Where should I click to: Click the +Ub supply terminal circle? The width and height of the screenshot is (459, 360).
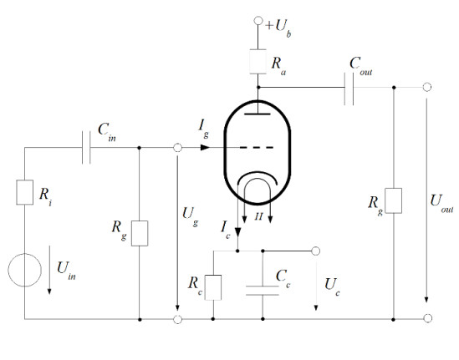pyautogui.click(x=258, y=21)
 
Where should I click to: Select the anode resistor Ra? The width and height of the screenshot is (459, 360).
pyautogui.click(x=258, y=62)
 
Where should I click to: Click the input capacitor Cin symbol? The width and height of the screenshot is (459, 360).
pyautogui.click(x=86, y=147)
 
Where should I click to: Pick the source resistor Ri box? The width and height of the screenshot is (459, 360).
pyautogui.click(x=24, y=192)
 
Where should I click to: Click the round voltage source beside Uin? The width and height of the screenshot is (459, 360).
pyautogui.click(x=24, y=270)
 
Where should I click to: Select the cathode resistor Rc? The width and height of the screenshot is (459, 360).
pyautogui.click(x=213, y=287)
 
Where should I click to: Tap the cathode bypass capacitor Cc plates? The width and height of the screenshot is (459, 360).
pyautogui.click(x=263, y=291)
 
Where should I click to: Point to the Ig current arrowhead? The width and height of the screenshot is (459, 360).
pyautogui.click(x=205, y=147)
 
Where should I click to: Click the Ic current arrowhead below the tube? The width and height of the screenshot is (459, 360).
pyautogui.click(x=237, y=232)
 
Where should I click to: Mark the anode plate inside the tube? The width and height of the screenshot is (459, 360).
pyautogui.click(x=258, y=114)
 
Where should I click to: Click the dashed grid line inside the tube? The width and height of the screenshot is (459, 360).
pyautogui.click(x=257, y=148)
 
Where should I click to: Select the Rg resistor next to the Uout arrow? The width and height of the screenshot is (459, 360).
pyautogui.click(x=394, y=200)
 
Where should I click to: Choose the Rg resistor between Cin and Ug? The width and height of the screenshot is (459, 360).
pyautogui.click(x=140, y=233)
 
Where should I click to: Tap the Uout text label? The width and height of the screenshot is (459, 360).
pyautogui.click(x=441, y=203)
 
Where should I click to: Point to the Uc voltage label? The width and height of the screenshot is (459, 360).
pyautogui.click(x=332, y=286)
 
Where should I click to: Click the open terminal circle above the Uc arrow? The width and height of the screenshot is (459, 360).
pyautogui.click(x=315, y=251)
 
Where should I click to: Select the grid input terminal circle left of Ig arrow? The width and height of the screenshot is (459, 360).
pyautogui.click(x=178, y=148)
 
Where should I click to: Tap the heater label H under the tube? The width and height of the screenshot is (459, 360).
pyautogui.click(x=258, y=216)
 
